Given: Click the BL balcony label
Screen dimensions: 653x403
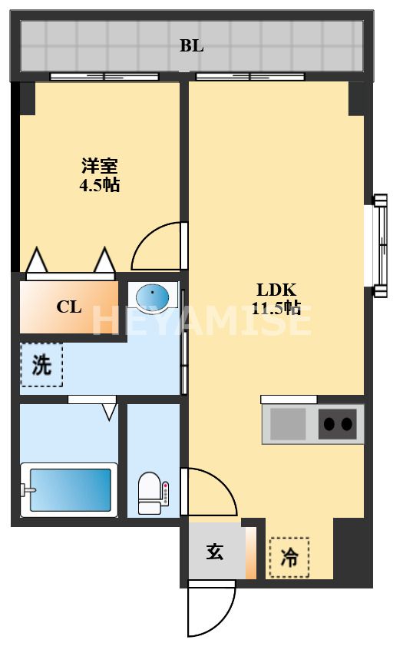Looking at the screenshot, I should tap(192, 46).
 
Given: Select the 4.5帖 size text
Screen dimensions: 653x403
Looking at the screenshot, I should tap(101, 185).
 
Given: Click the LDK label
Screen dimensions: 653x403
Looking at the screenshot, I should tap(276, 290).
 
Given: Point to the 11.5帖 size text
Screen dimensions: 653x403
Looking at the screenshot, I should tap(276, 308).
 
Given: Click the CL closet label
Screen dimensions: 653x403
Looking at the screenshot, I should tap(69, 307).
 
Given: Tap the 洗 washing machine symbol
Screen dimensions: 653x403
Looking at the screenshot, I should tap(41, 365).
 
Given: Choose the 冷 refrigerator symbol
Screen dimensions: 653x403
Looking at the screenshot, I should tap(289, 558).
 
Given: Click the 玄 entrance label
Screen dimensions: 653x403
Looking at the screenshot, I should tap(215, 552).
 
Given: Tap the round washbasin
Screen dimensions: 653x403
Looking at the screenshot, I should tap(155, 296).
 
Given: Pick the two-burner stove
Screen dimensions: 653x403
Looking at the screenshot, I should tap(338, 423).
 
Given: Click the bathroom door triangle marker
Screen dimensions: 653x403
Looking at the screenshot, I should tap(109, 412).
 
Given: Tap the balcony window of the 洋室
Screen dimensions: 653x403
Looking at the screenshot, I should tap(104, 76).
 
